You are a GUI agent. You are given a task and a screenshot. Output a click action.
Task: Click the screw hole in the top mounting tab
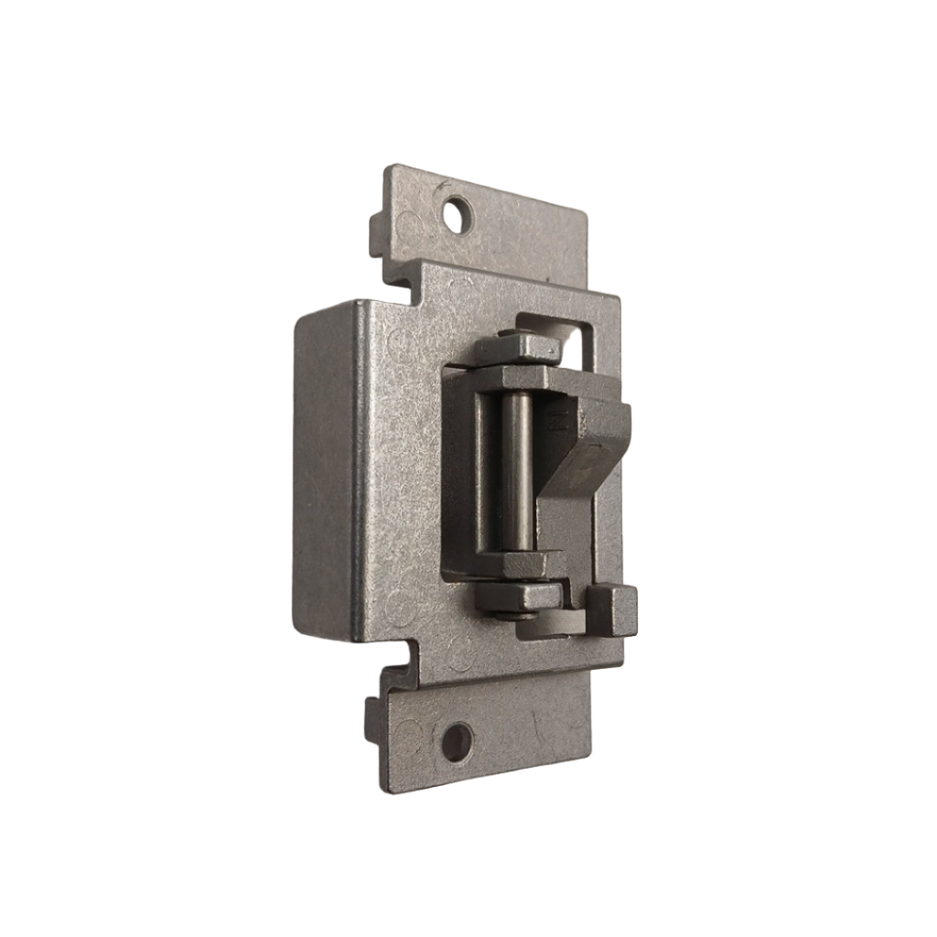[453, 216]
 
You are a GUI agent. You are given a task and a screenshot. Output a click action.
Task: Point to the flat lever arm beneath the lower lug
[554, 626]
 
